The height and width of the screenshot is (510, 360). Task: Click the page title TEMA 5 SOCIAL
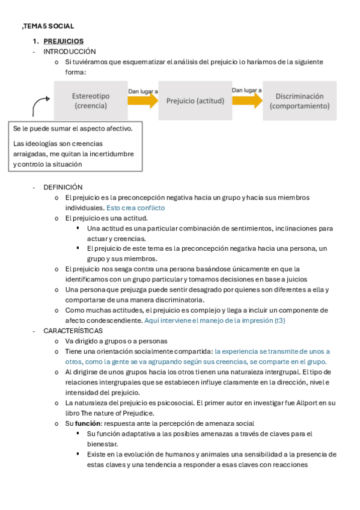pyautogui.click(x=48, y=26)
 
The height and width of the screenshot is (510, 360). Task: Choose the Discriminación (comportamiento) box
pyautogui.click(x=300, y=100)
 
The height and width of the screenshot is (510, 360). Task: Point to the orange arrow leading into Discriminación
pyautogui.click(x=247, y=100)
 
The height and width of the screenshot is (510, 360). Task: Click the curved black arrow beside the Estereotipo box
pyautogui.click(x=40, y=105)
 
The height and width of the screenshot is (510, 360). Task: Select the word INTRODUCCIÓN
pyautogui.click(x=70, y=52)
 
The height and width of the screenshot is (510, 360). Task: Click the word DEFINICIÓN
pyautogui.click(x=63, y=187)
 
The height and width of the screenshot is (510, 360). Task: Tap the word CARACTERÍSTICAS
pyautogui.click(x=73, y=331)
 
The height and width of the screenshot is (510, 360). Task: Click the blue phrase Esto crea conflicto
pyautogui.click(x=136, y=207)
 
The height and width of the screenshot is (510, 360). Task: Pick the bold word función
pyautogui.click(x=88, y=423)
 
